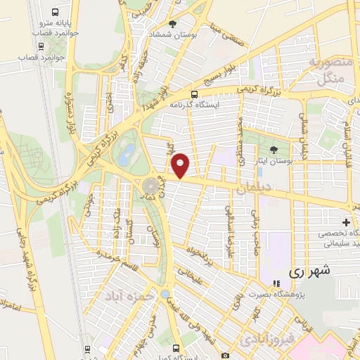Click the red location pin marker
coord(181,165)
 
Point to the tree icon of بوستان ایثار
coord(274,149)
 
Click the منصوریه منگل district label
coord(326,71)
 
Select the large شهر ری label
coord(310,270)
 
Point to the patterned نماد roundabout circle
coord(150,186)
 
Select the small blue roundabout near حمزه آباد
coord(165,294)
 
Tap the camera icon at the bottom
coord(224,355)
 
